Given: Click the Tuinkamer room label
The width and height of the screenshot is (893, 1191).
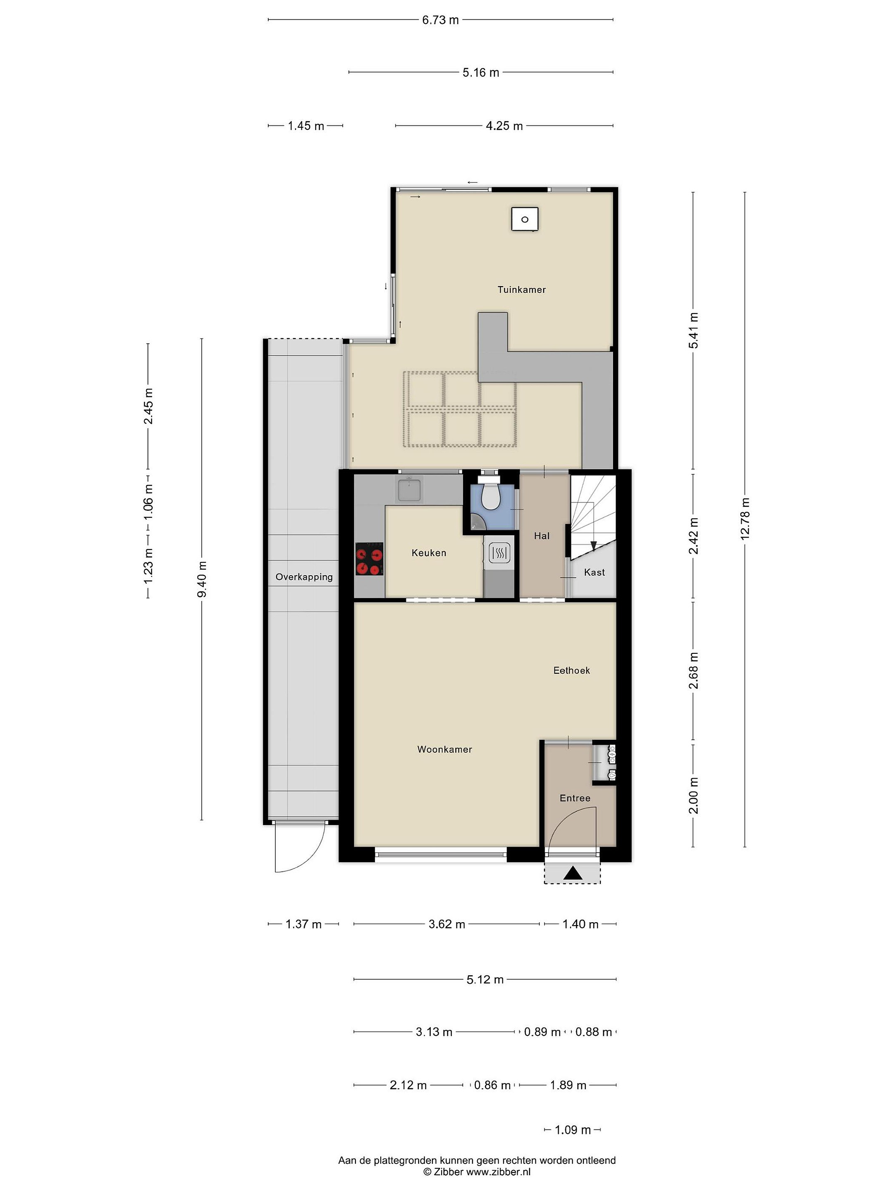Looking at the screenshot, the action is tap(521, 289).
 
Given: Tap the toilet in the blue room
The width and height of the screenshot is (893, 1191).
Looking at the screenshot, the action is tap(490, 496).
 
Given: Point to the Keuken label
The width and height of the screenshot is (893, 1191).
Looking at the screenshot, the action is tap(428, 553).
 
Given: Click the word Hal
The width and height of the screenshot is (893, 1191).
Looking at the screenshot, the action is tap(542, 536).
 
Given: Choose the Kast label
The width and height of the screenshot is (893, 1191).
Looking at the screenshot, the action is tap(594, 572).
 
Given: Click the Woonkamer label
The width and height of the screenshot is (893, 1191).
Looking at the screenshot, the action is tap(444, 749).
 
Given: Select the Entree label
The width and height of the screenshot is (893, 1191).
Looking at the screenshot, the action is tap(575, 798).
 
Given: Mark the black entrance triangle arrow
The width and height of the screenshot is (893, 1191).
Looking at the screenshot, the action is tap(573, 873).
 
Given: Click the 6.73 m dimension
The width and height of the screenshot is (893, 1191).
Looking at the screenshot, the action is tap(440, 20).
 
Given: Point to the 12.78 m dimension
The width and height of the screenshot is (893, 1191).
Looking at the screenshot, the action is tap(745, 519).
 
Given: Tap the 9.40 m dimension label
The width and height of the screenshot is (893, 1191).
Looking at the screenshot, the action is tap(202, 579).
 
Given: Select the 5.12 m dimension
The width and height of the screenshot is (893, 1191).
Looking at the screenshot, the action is tap(485, 979).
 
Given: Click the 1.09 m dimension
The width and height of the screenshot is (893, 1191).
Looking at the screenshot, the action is tap(573, 1130).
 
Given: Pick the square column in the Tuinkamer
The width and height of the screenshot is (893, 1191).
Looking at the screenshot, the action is tap(525, 219).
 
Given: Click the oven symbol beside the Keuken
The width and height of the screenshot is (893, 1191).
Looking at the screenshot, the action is tap(499, 553).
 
